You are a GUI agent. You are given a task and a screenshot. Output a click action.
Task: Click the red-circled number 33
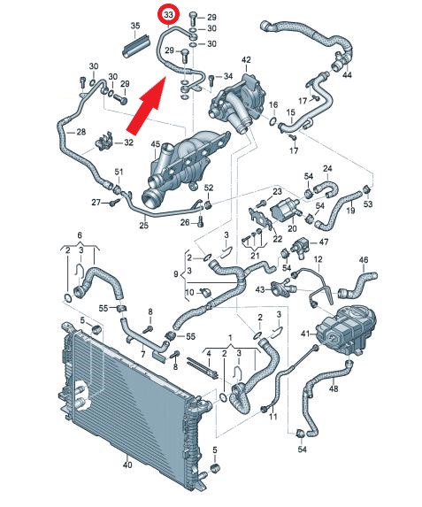[x=168, y=14]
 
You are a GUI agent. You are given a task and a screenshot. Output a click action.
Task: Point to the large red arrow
[x=147, y=105]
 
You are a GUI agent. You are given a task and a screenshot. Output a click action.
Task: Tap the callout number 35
[x=135, y=26]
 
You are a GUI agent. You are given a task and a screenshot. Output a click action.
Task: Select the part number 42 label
[x=246, y=60]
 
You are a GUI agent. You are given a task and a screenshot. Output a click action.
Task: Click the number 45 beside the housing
[x=156, y=144]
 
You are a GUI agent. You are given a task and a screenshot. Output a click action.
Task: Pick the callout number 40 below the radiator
[x=127, y=465]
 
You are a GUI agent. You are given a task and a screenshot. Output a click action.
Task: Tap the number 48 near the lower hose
[x=333, y=388]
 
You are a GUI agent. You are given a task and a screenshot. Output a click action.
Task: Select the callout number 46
[x=364, y=259]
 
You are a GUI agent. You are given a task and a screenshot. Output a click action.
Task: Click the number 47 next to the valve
[x=324, y=242]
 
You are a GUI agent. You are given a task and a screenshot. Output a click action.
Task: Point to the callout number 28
[x=81, y=132]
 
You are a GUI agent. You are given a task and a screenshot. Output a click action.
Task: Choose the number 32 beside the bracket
[x=128, y=142]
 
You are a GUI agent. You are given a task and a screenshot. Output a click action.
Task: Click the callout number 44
[x=347, y=74]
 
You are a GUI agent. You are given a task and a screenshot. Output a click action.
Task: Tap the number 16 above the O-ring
[x=273, y=104]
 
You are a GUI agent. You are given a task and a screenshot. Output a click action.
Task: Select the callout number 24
[x=327, y=168]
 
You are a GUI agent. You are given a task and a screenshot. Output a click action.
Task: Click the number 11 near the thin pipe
[x=273, y=417]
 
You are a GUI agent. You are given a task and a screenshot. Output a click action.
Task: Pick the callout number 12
[x=318, y=259]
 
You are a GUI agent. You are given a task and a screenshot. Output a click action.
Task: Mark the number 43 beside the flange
[x=260, y=289]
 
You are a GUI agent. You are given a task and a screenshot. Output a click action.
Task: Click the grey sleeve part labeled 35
[x=135, y=47]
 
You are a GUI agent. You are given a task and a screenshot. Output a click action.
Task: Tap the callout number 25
[x=143, y=225]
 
